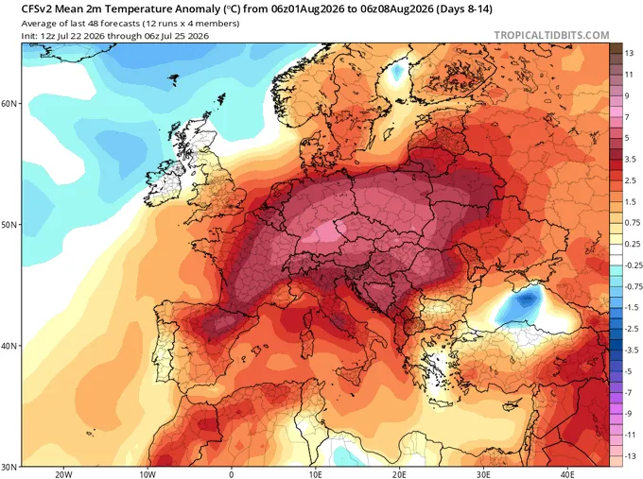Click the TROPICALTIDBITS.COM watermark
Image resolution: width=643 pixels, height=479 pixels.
pos(551,35)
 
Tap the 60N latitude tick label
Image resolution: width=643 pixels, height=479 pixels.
pos(9,103)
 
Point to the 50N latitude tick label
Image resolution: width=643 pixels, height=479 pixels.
pos(9,225)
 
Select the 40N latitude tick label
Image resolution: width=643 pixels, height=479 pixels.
pos(9,346)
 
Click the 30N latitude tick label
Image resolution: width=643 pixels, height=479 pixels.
pos(9,467)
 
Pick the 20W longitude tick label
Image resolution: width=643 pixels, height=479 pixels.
pos(63,475)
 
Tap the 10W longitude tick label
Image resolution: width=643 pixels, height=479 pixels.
pos(148,475)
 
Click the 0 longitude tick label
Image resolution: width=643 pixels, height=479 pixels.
pos(232,475)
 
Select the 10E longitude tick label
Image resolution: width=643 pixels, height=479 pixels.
pos(315,475)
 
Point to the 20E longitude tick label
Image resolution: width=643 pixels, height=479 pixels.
pos(399,475)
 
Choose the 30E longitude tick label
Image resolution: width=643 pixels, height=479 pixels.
pos(483,475)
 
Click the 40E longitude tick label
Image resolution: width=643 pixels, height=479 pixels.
pos(567,475)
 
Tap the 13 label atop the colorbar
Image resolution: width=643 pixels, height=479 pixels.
pos(629,53)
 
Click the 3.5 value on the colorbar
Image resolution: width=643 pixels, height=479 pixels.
pos(631,159)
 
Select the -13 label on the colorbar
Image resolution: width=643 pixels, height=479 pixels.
pos(631,456)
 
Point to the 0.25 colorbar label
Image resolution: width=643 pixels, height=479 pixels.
pos(633,244)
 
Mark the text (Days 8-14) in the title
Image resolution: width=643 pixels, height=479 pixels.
pos(463,9)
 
